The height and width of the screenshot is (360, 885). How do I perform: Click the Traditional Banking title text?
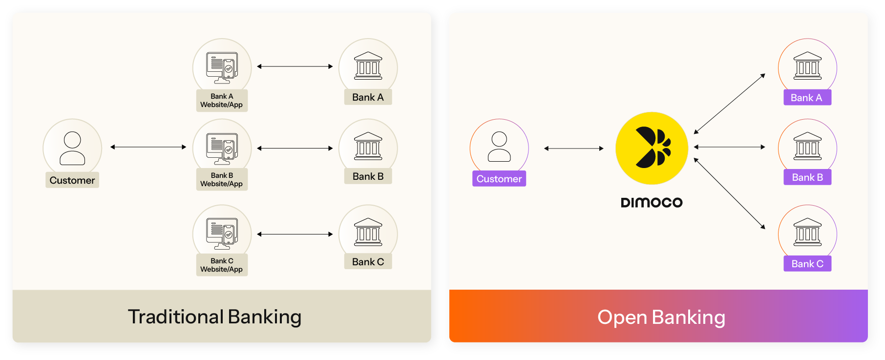click(x=214, y=317)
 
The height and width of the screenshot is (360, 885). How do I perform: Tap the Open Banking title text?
click(x=661, y=317)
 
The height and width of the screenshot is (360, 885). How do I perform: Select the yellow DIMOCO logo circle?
click(x=652, y=148)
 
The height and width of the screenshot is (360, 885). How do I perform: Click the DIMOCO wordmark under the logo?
click(x=652, y=202)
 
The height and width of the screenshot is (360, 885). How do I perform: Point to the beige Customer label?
click(x=72, y=180)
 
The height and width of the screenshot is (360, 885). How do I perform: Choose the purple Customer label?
click(x=499, y=179)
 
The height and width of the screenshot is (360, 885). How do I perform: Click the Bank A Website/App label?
click(x=222, y=101)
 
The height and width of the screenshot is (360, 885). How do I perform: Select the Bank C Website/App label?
click(x=222, y=265)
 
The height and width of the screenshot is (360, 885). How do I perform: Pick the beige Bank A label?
click(x=368, y=97)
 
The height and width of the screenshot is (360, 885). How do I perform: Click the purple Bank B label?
click(x=807, y=177)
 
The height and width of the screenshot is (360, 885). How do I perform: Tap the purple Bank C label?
click(x=807, y=264)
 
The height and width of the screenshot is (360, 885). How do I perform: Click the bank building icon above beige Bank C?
click(x=368, y=232)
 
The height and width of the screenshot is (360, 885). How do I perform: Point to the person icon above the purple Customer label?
click(x=499, y=146)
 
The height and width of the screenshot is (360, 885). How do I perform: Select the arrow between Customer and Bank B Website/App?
click(x=148, y=147)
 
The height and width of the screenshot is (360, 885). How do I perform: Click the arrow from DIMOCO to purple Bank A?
click(x=729, y=104)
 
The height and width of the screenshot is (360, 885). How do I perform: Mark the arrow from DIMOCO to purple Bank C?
click(x=729, y=193)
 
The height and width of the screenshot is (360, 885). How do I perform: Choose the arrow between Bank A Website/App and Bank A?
click(x=295, y=66)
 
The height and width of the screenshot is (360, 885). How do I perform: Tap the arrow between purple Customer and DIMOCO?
click(x=574, y=148)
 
